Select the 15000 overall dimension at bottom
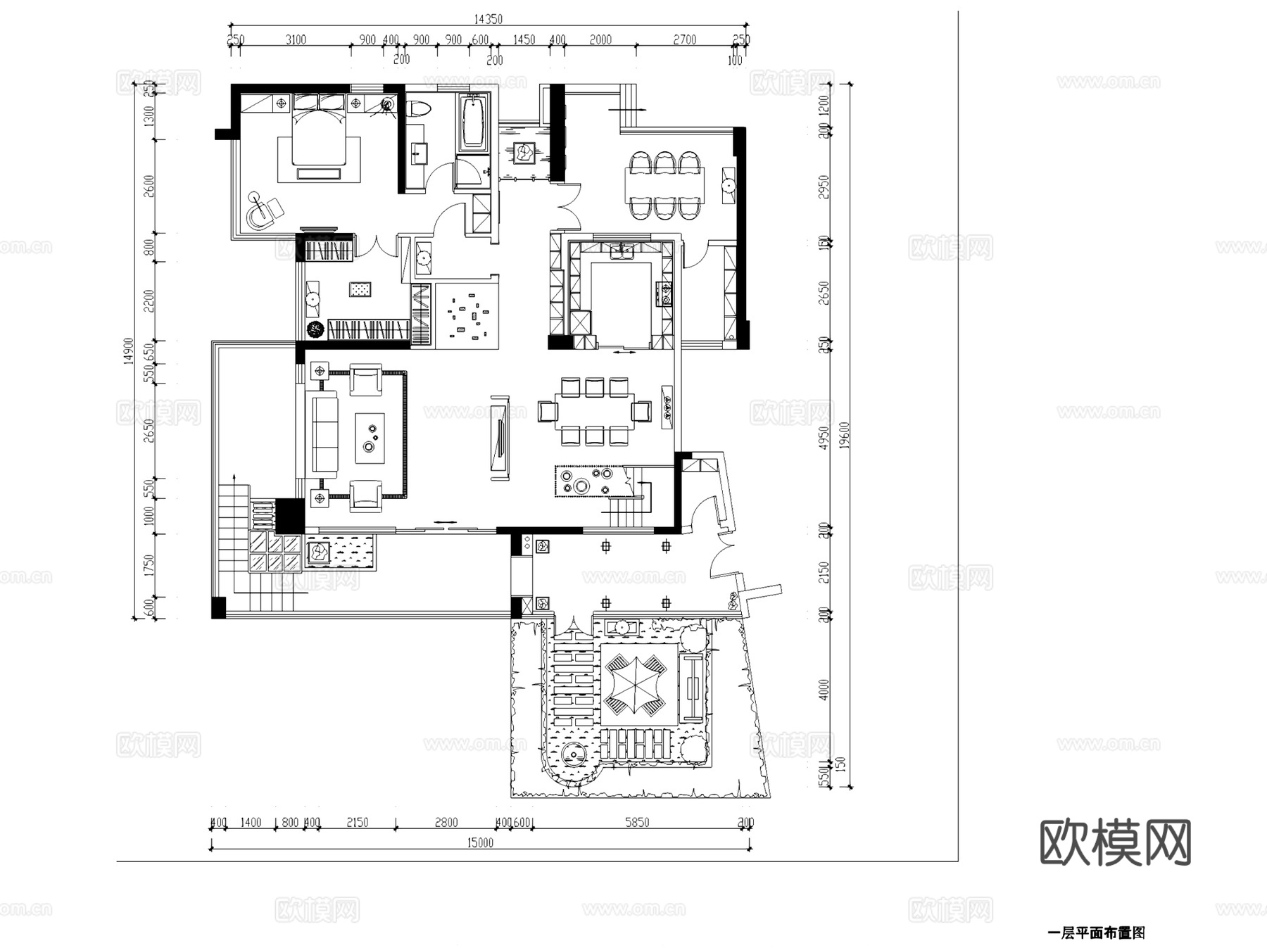479,842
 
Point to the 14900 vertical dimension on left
127,350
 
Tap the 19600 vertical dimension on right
845,436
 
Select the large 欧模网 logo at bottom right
1115,842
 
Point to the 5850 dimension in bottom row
636,822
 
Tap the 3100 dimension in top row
296,39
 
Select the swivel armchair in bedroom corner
263,210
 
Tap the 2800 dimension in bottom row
446,822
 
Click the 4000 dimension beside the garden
824,689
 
